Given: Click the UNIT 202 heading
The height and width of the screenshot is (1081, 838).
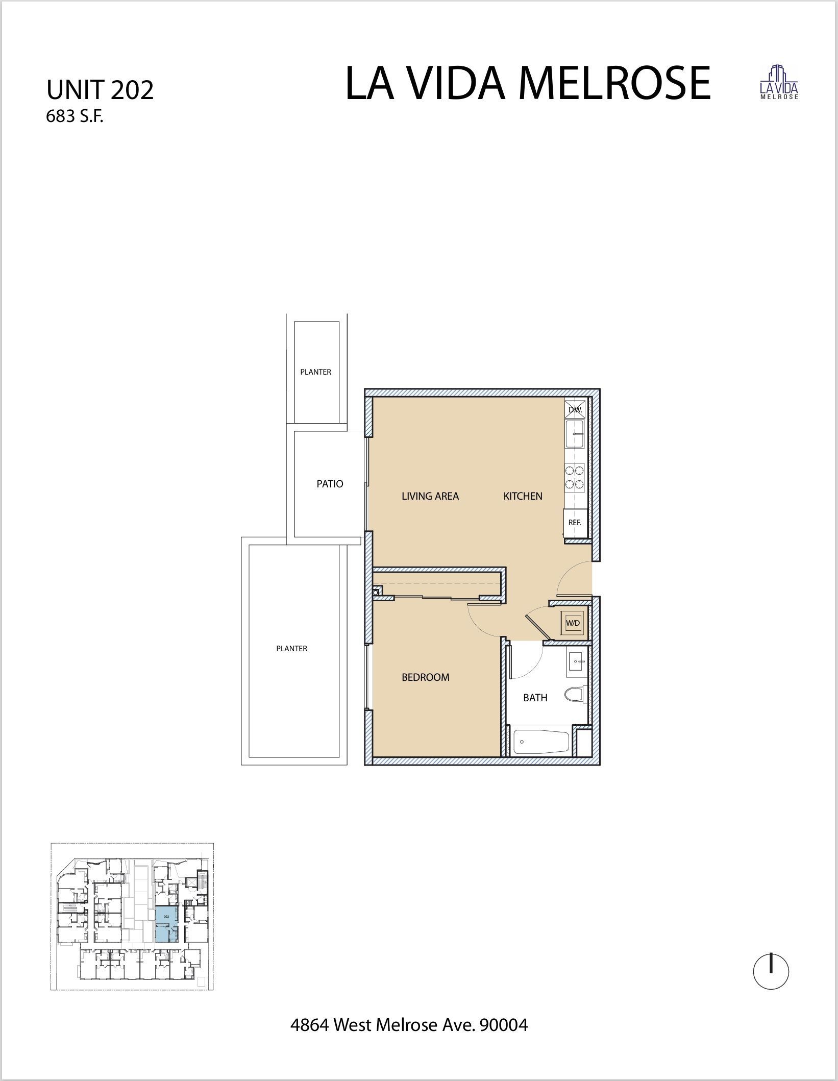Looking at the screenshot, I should coord(100,90).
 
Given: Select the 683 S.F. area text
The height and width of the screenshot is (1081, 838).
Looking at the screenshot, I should coord(75,117).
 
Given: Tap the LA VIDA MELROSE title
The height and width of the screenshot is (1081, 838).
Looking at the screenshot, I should coord(528,83).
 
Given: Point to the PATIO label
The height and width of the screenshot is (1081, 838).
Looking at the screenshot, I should coord(330,484).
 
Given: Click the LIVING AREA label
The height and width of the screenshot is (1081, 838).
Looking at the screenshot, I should coord(430,496).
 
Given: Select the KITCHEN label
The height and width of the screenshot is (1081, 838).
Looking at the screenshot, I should coord(523,496).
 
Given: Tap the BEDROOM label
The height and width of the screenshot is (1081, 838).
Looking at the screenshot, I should coord(426,677).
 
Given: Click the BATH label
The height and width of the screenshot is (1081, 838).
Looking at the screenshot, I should coord(535,698).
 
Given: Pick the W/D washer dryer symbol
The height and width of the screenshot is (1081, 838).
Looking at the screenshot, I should coord(572,623).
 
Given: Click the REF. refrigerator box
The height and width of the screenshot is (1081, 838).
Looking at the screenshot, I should coord(575,523).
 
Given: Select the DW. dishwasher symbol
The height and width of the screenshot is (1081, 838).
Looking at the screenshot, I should coord(575,409).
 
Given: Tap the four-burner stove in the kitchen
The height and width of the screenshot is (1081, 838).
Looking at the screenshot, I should coord(575,477).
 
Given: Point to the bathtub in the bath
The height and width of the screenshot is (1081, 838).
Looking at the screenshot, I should coord(540,741).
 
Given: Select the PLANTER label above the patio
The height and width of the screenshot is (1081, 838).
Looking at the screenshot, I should coord(315,372).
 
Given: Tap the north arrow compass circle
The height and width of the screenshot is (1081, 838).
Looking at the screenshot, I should coord(771,972).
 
